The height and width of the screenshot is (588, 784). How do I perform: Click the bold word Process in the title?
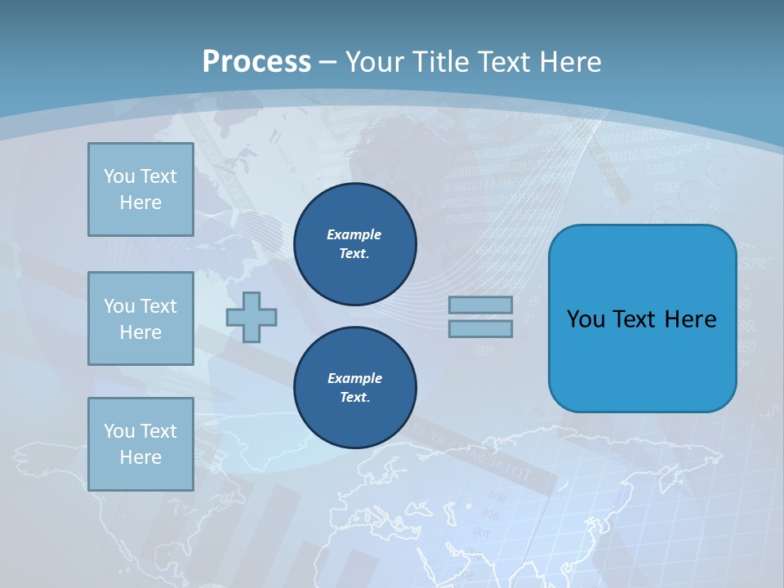pyautogui.click(x=256, y=62)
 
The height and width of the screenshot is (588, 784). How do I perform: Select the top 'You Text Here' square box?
pyautogui.click(x=140, y=189)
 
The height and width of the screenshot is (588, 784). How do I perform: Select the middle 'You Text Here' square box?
pyautogui.click(x=140, y=319)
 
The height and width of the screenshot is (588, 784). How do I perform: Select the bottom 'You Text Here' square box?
pyautogui.click(x=140, y=444)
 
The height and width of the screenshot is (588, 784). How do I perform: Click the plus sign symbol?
pyautogui.click(x=252, y=317)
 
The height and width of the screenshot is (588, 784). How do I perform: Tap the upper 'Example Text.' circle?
pyautogui.click(x=354, y=244)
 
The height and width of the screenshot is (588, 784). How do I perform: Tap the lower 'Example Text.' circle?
pyautogui.click(x=354, y=388)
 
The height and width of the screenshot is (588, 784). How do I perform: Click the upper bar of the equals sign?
pyautogui.click(x=480, y=305)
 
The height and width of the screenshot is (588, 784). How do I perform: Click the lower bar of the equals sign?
pyautogui.click(x=480, y=329)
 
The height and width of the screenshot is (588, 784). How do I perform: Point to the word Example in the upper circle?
pyautogui.click(x=354, y=234)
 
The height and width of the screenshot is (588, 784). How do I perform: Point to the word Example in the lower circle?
pyautogui.click(x=354, y=378)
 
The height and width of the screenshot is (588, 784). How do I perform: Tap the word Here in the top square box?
pyautogui.click(x=140, y=203)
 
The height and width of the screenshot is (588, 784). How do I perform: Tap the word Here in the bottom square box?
pyautogui.click(x=140, y=457)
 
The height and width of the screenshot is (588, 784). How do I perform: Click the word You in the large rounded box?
pyautogui.click(x=586, y=319)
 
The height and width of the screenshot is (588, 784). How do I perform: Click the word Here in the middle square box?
pyautogui.click(x=140, y=332)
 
